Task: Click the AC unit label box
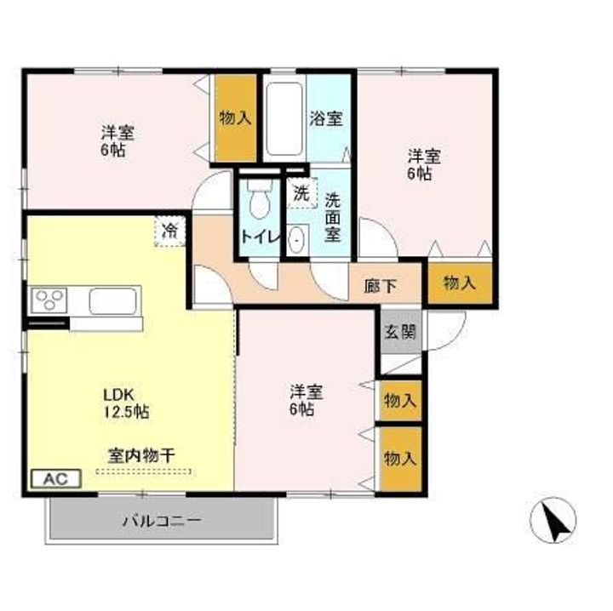pos(56,478)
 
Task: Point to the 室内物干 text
pos(141,455)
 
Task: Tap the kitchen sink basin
pos(113,301)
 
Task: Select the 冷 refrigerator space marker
pos(170,230)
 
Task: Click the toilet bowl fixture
pos(259,202)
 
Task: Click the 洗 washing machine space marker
pos(301,193)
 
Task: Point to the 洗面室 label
pos(333,216)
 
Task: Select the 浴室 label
pos(327,118)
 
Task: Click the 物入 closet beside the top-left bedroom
pos(235,118)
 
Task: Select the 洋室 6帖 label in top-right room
pos(423,165)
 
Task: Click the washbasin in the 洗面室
pos(296,241)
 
